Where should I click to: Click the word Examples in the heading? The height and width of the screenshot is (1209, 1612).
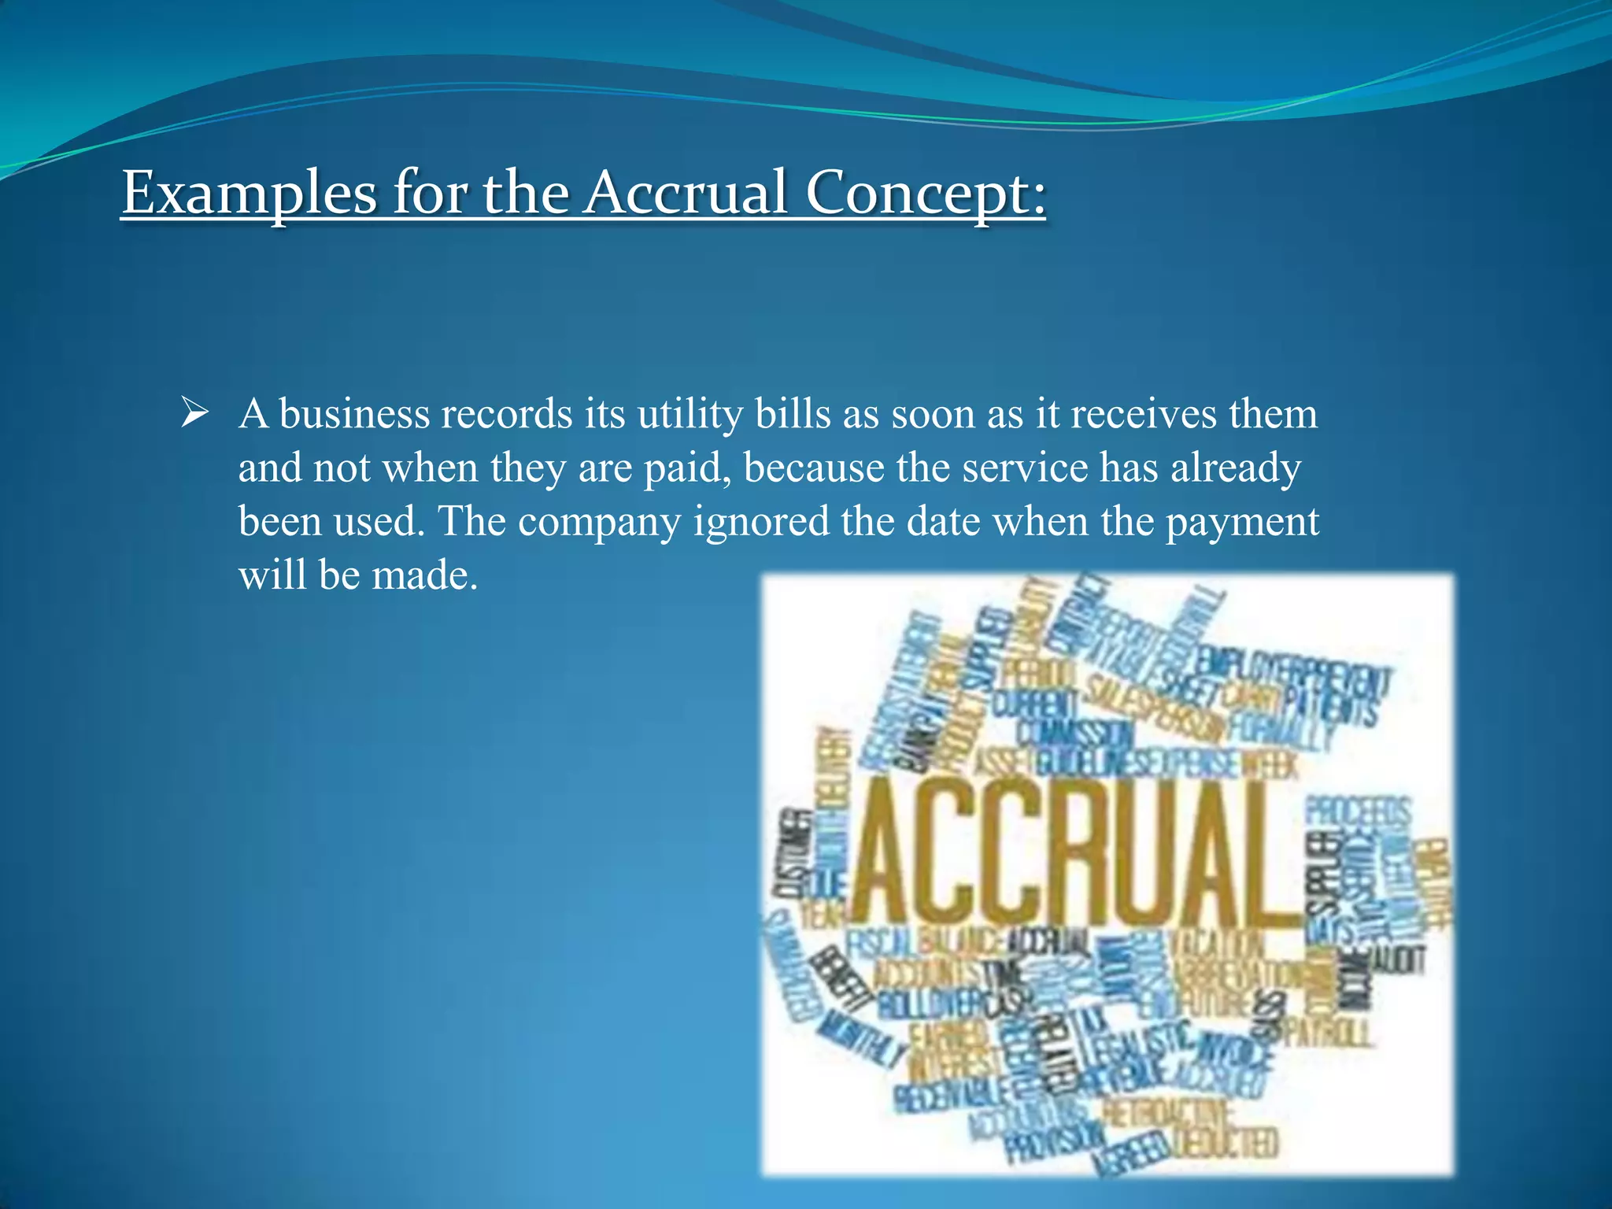click(249, 192)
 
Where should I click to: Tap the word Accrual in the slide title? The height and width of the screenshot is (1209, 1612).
click(685, 192)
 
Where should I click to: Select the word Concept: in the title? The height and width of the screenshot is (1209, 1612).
click(926, 194)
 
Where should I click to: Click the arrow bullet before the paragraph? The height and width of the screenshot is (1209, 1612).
click(194, 412)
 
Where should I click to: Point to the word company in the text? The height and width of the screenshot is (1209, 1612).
click(598, 523)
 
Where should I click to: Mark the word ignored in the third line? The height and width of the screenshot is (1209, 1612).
click(760, 523)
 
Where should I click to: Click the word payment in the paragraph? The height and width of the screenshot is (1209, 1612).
click(1241, 523)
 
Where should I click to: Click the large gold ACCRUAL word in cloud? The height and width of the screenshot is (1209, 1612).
click(1070, 854)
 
